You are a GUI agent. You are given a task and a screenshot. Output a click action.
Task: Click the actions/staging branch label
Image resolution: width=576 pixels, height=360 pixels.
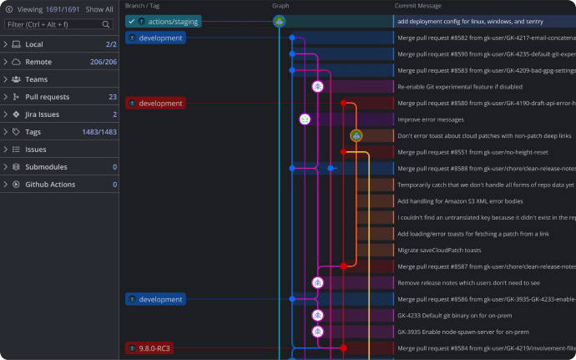pos(164,22)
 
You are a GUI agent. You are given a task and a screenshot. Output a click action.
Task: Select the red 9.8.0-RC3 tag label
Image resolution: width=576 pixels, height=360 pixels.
pos(149,348)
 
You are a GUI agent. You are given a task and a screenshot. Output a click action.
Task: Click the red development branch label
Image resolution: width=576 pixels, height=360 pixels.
pos(155,104)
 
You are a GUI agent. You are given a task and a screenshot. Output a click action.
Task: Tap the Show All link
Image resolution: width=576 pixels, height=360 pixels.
pos(99,9)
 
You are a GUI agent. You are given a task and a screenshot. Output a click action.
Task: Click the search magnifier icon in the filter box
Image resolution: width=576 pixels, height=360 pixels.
pos(106,24)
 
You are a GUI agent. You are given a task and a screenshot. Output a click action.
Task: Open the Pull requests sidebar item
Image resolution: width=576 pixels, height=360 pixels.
pos(48,97)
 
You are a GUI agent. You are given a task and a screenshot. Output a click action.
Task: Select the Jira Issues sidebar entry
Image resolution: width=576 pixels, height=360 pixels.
pos(43,114)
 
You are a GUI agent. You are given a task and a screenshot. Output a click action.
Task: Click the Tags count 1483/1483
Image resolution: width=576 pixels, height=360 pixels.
pos(99,132)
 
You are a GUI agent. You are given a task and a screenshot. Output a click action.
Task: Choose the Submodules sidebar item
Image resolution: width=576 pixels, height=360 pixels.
pos(46,167)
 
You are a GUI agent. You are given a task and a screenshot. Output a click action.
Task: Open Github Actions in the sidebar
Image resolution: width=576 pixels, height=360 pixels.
pos(50,185)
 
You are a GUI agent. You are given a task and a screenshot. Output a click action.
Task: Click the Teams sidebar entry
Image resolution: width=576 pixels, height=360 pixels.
pos(37,79)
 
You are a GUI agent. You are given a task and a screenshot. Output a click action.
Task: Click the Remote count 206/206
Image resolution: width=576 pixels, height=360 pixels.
pos(104,62)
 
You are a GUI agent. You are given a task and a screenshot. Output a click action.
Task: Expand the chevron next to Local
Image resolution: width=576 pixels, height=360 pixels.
pos(6,44)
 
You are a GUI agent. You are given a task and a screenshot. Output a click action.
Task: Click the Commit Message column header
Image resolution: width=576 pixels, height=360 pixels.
pos(418,6)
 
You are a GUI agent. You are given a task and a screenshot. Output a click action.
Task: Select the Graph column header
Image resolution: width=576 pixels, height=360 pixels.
pos(280,6)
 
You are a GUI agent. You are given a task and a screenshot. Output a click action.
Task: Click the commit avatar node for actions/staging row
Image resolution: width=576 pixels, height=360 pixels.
pos(279,22)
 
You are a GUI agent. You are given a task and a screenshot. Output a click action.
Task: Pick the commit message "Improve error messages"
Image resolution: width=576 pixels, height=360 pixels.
pos(431,119)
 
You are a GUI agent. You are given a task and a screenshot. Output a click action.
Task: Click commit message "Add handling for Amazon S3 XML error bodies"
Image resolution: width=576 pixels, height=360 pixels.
pos(460,201)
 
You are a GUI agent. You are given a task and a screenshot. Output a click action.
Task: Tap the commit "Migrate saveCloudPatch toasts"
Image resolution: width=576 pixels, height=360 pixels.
pos(439,250)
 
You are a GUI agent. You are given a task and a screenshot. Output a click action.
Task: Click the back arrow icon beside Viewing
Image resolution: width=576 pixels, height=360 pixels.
pos(9,9)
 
